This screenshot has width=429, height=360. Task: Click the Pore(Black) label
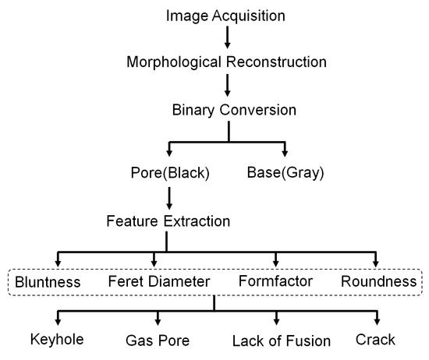tap(169, 173)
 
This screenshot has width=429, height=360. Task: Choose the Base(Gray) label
tap(285, 173)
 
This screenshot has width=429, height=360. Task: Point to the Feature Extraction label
tap(168, 221)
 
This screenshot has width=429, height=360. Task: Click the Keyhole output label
tap(56, 340)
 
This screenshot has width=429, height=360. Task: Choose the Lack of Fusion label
tap(282, 341)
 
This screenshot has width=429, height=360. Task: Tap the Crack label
tap(376, 340)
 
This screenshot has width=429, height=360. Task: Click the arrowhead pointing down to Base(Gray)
tap(285, 151)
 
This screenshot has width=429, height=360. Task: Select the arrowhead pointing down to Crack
tap(378, 320)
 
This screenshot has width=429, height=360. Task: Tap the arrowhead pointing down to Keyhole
tap(57, 320)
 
